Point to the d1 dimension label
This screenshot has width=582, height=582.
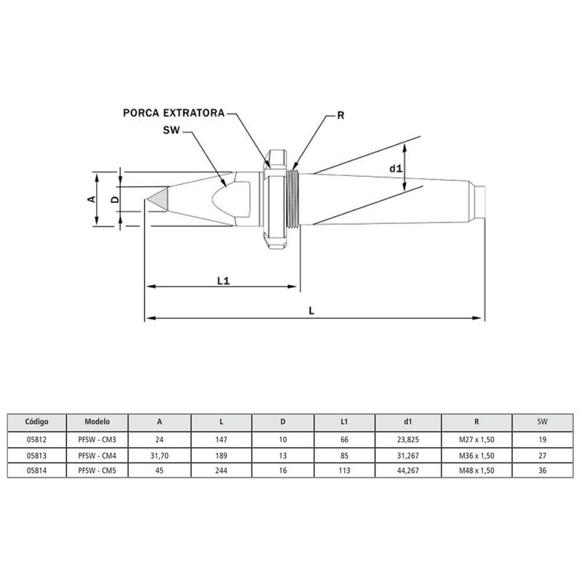coord(395,169)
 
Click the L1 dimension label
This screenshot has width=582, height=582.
coord(223,279)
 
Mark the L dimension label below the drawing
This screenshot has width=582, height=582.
coord(311,309)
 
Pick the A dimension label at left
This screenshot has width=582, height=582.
coord(92,199)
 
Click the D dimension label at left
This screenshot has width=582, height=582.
coord(114,199)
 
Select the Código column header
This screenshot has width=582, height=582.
coord(36,421)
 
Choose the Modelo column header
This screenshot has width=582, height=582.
coord(97,421)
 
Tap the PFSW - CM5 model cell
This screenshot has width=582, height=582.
coord(97,469)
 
